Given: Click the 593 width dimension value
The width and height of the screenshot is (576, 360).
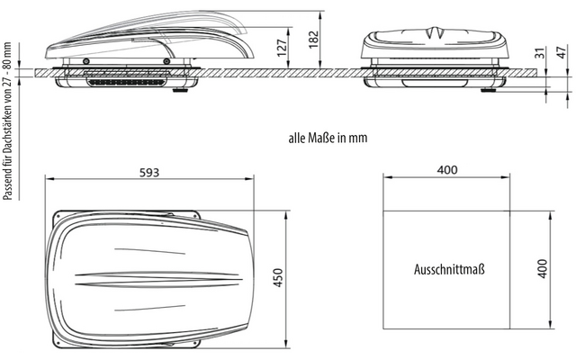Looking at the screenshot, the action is [149, 172].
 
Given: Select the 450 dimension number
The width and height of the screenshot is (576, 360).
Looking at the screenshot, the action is [279, 278].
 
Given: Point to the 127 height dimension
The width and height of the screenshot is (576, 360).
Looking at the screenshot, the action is [281, 48].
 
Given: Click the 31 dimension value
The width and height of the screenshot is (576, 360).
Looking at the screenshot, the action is [540, 53].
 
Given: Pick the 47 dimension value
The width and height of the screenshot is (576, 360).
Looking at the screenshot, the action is [562, 52].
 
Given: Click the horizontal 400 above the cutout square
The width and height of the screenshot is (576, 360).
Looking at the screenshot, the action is [447, 170].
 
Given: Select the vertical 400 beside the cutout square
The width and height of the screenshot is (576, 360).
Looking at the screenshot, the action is [542, 268].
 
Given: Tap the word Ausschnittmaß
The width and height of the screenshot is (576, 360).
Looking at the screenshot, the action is [449, 269].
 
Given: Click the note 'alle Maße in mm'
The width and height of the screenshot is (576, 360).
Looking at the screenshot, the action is [328, 138].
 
